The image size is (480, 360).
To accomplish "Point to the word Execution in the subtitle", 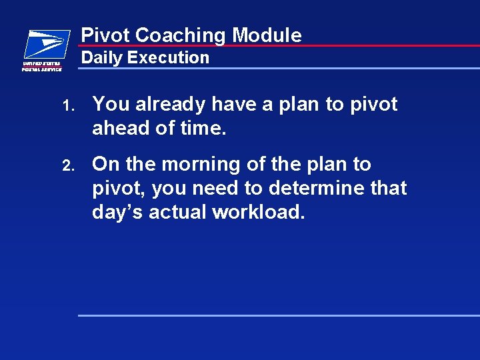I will tap(168, 58).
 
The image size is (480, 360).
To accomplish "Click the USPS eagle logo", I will tap(47, 45).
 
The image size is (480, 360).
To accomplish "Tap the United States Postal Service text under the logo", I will tap(42, 66).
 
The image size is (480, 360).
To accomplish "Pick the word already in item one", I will tap(171, 105).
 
